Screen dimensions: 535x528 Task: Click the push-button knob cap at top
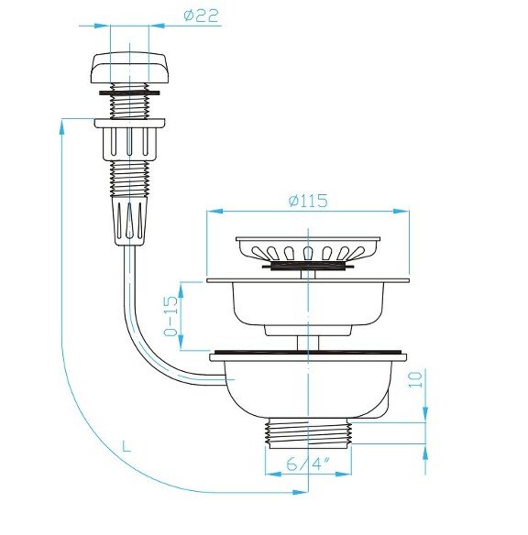click(127, 69)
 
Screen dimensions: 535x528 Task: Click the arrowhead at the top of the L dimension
click(61, 125)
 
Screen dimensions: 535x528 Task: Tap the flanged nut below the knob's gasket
click(128, 138)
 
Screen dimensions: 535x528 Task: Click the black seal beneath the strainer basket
click(307, 267)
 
